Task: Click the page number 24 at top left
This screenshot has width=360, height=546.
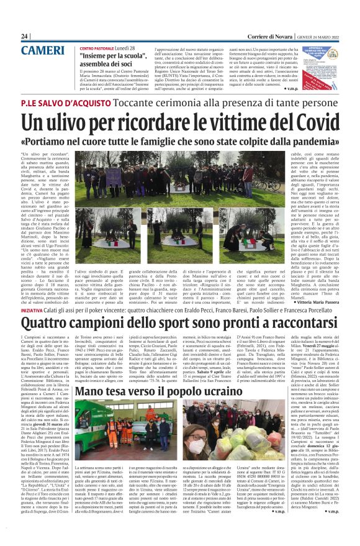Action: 25,37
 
